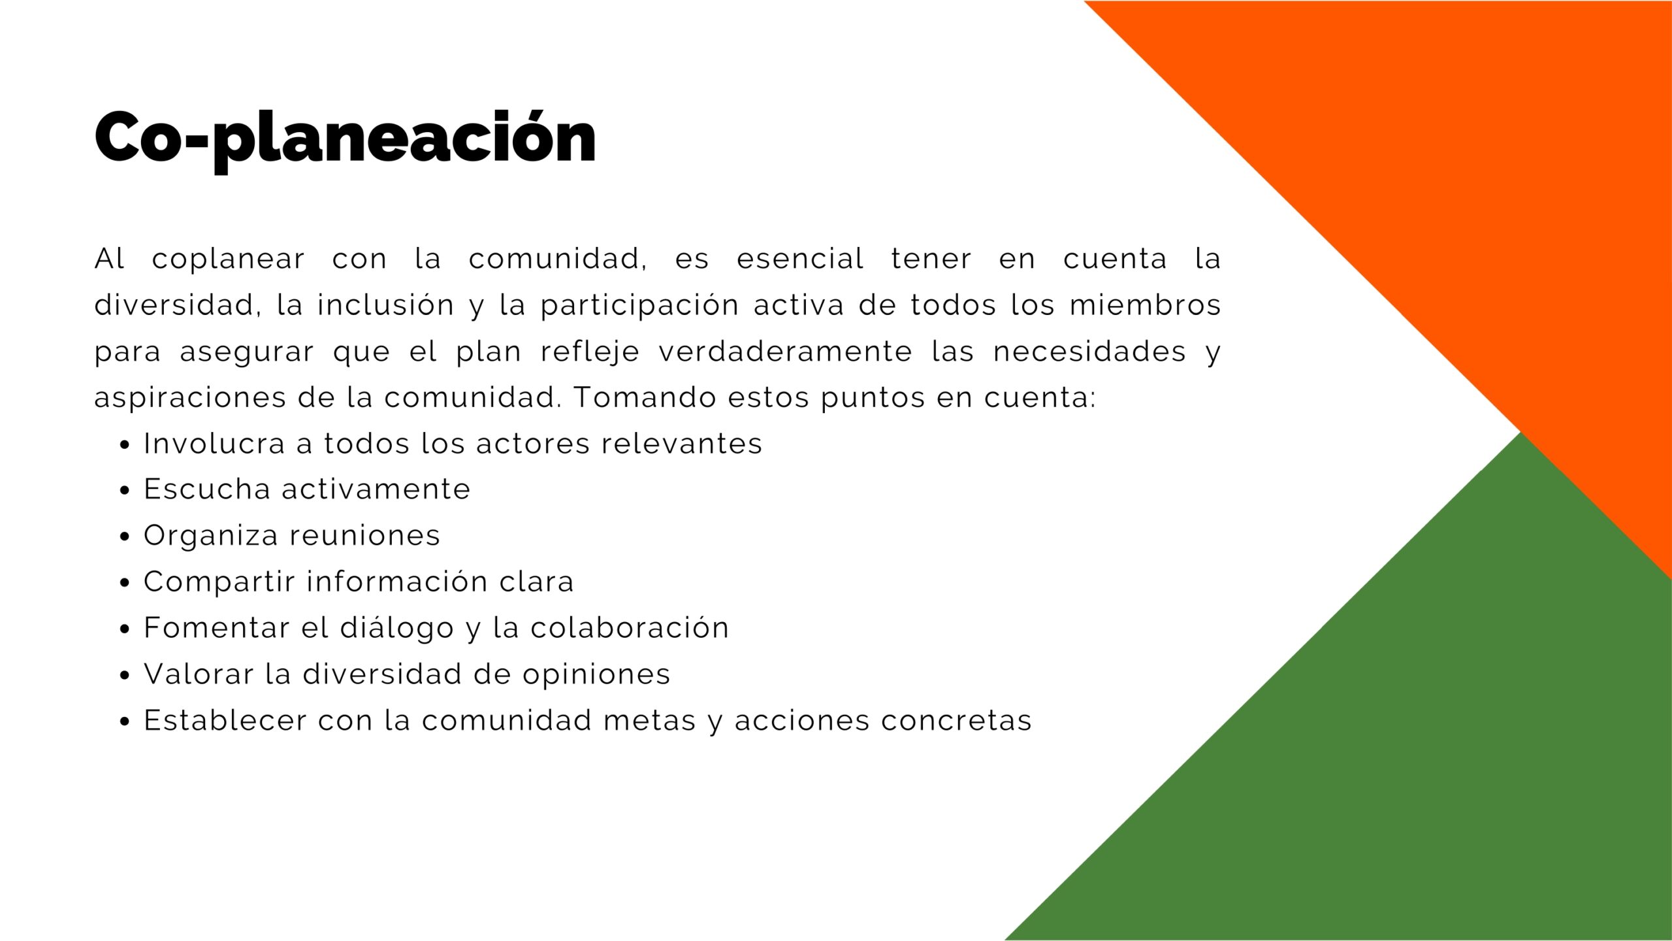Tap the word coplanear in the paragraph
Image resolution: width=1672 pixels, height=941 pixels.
228,259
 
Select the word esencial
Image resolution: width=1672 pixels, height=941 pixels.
800,259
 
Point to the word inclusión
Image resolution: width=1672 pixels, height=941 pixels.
385,305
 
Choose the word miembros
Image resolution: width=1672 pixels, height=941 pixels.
1145,305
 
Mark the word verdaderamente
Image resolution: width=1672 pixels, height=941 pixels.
785,352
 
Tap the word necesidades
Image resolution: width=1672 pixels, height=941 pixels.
1089,352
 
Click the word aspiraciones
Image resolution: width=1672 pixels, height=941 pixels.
190,399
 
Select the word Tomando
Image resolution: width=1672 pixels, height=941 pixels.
645,398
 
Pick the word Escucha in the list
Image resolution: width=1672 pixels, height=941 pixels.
207,489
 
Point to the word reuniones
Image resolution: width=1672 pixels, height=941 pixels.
365,536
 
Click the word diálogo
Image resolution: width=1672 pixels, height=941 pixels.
397,629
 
